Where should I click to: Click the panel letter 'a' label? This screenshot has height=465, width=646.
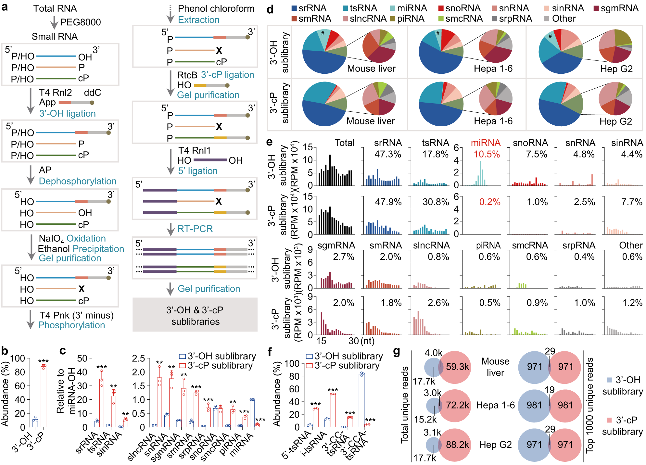point(5,6)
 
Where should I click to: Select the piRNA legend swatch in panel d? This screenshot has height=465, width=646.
point(393,19)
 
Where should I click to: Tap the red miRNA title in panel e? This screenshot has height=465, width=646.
point(486,143)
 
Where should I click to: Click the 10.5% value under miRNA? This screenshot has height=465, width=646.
point(487,154)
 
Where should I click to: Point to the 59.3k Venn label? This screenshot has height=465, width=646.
point(457,367)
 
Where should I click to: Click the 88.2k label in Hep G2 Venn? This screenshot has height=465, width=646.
point(457,445)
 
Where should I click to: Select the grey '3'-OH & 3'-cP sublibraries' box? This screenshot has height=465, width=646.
point(195,315)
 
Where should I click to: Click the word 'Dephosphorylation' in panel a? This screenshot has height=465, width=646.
point(77,181)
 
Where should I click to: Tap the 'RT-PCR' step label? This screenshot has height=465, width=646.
point(195,229)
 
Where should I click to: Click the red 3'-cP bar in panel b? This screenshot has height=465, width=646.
point(44,396)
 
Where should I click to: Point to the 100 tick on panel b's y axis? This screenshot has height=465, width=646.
point(18,358)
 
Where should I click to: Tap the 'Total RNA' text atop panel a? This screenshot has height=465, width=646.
point(55,8)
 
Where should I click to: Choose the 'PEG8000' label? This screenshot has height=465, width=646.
point(81,22)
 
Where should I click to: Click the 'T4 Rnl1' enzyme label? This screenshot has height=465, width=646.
point(194,150)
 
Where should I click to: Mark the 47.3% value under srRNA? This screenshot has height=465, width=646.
point(388,154)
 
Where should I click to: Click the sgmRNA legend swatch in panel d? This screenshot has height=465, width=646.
point(596,8)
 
